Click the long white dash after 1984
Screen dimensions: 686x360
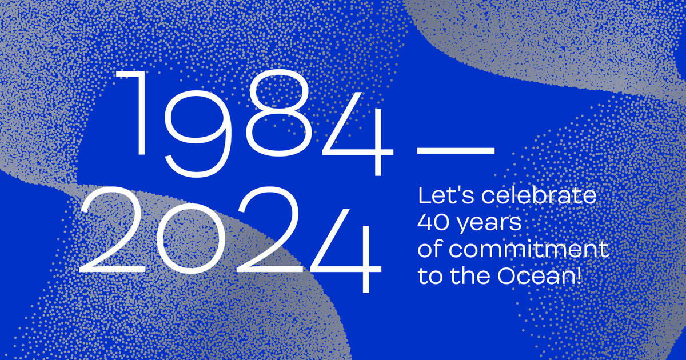[x=456, y=151]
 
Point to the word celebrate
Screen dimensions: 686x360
[x=539, y=196]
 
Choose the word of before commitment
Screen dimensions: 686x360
[x=430, y=249]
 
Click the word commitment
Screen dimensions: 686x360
[x=529, y=250]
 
